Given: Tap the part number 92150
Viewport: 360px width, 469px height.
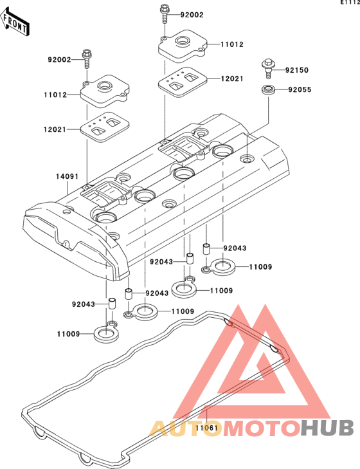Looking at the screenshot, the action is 296,70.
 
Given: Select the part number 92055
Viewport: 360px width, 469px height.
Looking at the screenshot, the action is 300,89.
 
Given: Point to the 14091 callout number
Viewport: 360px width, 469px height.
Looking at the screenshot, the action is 67,176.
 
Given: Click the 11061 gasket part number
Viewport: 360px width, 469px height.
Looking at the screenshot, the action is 207,428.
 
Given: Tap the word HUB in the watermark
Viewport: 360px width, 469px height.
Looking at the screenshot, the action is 327,428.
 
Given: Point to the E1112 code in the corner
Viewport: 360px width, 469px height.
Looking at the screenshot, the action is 350,2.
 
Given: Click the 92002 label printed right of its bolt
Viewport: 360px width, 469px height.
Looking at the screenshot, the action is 192,15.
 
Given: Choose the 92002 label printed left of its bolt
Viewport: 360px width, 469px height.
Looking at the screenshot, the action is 60,60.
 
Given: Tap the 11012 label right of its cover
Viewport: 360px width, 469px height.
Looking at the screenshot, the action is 232,44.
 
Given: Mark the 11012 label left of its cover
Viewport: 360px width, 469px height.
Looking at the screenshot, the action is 55,95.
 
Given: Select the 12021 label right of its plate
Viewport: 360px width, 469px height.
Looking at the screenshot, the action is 232,78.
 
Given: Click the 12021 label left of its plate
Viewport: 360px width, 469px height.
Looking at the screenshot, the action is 55,129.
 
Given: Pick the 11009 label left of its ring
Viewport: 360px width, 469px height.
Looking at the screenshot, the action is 69,334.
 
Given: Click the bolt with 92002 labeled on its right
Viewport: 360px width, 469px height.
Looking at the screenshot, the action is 165,14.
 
